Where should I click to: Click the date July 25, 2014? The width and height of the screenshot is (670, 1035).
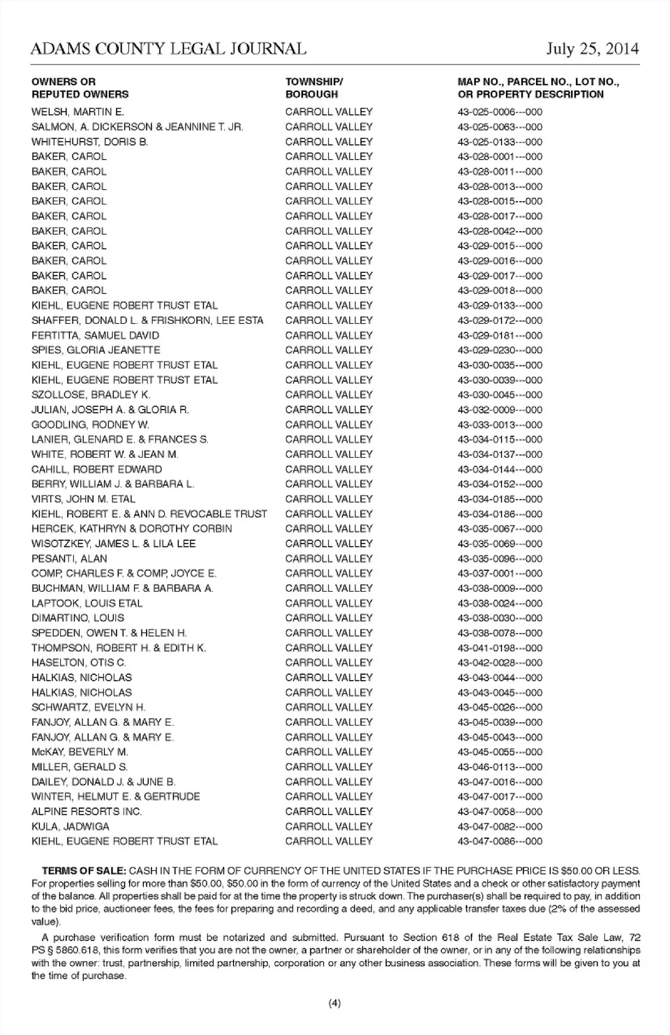592,49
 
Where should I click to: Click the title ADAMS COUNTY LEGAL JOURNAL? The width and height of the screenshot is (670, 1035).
168,49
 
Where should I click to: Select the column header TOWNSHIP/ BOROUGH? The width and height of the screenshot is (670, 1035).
314,88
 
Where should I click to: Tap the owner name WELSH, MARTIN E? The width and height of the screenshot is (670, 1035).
77,112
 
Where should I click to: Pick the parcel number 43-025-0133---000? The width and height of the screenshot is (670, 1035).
500,142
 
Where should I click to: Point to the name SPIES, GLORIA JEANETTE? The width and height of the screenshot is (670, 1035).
96,350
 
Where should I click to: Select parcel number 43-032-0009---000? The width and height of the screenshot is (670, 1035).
500,410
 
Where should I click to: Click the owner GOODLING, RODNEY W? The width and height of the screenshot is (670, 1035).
90,424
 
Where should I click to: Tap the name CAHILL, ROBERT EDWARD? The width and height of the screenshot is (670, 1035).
96,469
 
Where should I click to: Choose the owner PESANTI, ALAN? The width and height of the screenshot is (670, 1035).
69,558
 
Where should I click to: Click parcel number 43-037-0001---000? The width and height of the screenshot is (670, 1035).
500,574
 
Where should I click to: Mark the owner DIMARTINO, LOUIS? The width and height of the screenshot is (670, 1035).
77,618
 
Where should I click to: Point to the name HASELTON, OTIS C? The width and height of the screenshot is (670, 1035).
79,662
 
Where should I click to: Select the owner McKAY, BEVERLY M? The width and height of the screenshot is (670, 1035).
80,752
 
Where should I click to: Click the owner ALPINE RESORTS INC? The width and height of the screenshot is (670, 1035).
87,812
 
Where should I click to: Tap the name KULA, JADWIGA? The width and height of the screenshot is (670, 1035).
70,826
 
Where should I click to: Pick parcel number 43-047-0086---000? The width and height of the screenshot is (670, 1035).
500,842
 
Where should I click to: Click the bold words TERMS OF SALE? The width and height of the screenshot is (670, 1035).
84,871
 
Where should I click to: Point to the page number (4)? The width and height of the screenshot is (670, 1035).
334,1004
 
